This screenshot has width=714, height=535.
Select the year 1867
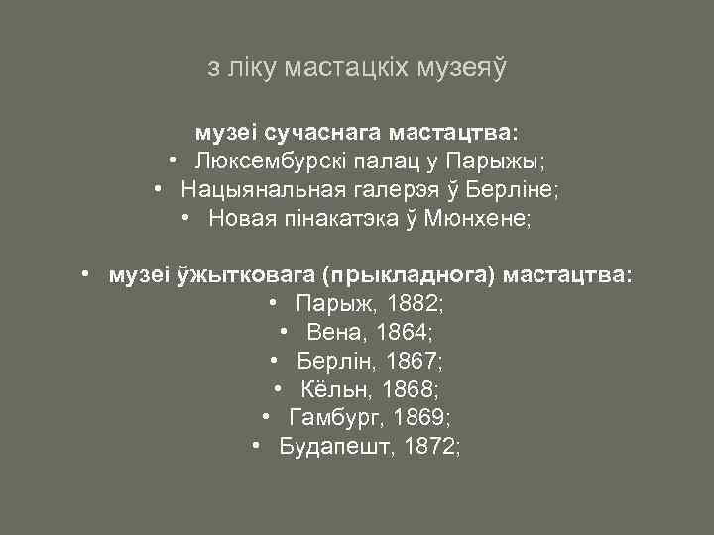point(414,361)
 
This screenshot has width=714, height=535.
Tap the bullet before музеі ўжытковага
point(87,272)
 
